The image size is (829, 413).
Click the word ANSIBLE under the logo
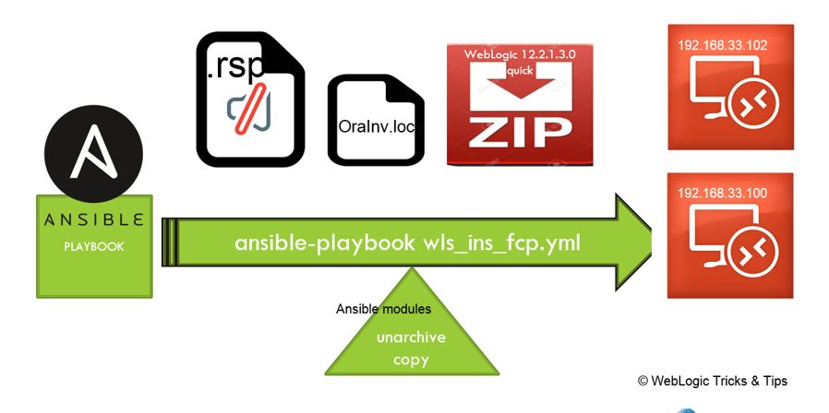93,220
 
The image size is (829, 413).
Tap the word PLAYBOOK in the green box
93,247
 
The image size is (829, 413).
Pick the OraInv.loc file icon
376,121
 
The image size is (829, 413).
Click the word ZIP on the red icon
519,133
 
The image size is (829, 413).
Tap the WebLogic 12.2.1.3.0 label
519,54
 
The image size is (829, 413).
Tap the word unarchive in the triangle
411,337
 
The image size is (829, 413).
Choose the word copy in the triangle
411,360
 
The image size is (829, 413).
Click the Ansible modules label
383,309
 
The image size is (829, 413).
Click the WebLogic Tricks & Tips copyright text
712,381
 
